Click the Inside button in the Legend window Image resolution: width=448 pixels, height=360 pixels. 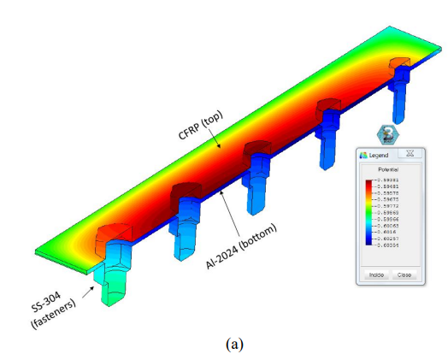click(x=375, y=275)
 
